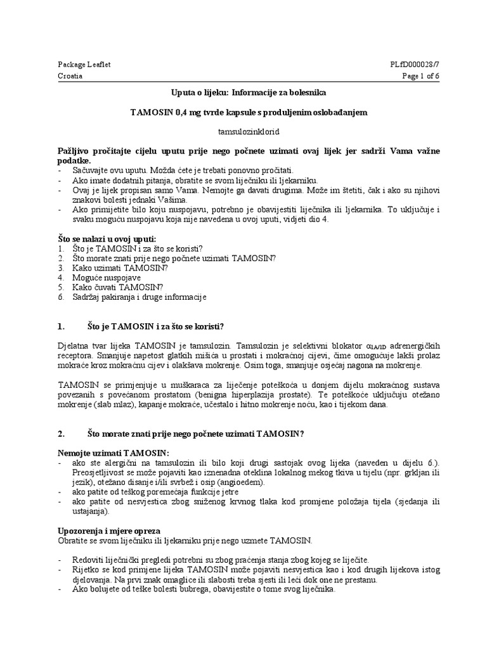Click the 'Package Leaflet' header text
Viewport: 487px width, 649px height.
(x=79, y=65)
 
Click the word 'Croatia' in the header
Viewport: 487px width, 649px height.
(x=70, y=75)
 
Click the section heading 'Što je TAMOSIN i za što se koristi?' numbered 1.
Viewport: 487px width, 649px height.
(x=155, y=326)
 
